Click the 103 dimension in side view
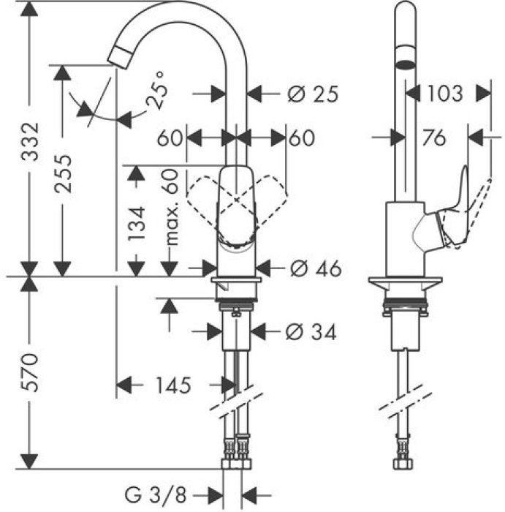444,94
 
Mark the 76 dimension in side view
433,138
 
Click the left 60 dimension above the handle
170,138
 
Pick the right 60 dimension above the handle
300,138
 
